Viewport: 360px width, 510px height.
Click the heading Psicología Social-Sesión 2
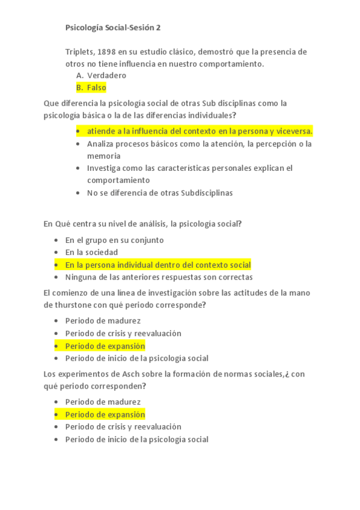pos(113,28)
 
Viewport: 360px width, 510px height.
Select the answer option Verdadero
pos(106,75)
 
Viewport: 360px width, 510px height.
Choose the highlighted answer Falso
pos(96,87)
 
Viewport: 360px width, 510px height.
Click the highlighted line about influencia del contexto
pos(200,131)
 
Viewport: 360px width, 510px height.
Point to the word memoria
pos(103,155)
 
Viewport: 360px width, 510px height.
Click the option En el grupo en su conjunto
pos(114,240)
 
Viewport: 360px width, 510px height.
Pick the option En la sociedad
pos(91,252)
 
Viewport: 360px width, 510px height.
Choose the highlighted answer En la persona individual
pos(157,265)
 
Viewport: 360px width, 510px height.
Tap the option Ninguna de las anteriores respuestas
pos(159,277)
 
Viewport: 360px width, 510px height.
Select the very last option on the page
pos(136,439)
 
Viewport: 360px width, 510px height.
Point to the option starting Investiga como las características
pos(189,168)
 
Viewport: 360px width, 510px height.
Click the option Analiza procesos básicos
pos(199,144)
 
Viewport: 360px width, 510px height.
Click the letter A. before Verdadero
pos(79,75)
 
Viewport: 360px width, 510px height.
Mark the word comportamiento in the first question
pos(231,63)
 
